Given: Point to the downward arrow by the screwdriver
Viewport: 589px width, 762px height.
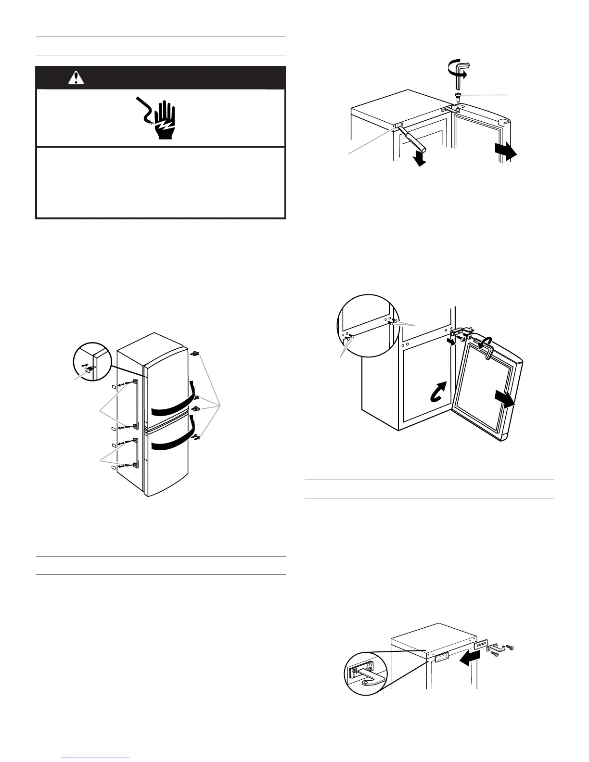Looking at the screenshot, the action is point(421,158).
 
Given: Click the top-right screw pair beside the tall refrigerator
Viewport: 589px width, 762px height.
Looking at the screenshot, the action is point(195,354).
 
